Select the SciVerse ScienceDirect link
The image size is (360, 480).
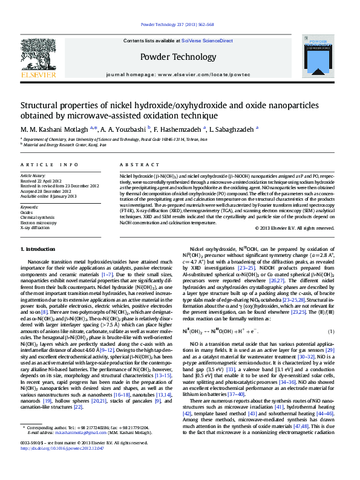[211, 41]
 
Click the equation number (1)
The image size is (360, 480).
[331, 332]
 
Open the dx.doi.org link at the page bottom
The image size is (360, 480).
[63, 465]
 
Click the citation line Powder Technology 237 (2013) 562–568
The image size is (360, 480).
[177, 25]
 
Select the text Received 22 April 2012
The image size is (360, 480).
[41, 181]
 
